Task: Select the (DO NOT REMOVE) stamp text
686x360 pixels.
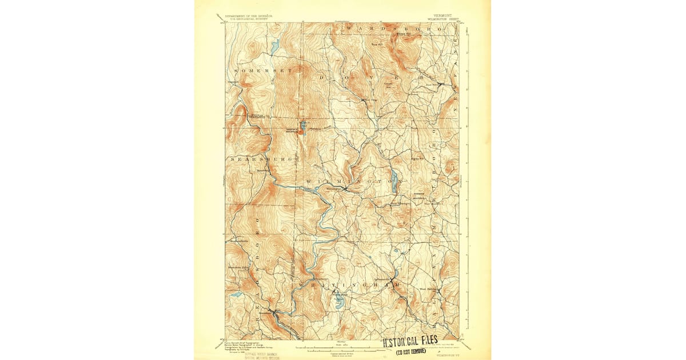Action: coord(410,350)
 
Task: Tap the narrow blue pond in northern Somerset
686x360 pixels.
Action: coord(274,47)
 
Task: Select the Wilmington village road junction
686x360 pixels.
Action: coord(345,188)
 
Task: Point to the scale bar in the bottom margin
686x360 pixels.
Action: coord(343,347)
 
